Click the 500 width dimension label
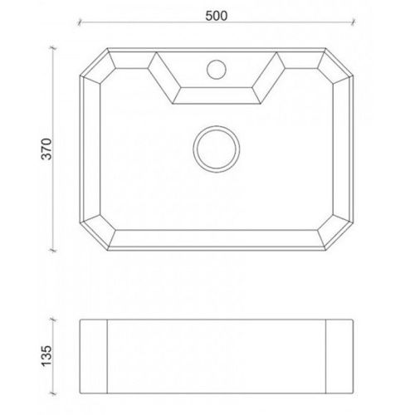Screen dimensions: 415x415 [217, 16]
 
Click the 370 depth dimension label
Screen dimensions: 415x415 [46, 149]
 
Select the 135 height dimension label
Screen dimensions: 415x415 [46, 356]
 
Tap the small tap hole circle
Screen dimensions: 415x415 [217, 70]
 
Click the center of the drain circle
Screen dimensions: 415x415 [217, 149]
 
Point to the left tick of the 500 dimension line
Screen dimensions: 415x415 [80, 22]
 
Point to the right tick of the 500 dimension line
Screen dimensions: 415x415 [353, 22]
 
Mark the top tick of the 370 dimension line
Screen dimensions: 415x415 [53, 48]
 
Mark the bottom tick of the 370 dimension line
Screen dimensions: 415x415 [53, 251]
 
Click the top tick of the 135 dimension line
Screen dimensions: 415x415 [53, 320]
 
